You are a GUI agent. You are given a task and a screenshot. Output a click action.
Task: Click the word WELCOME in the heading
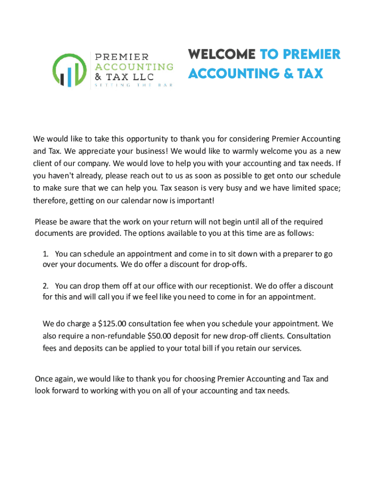coord(221,54)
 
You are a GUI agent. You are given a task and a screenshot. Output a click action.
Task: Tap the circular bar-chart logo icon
coord(70,71)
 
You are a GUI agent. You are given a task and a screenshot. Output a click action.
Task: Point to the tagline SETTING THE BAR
coord(133,86)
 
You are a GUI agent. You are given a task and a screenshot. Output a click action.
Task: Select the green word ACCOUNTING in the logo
coord(134,66)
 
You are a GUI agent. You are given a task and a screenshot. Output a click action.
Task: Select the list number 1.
coord(45,254)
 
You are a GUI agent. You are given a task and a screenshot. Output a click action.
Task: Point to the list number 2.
coord(45,286)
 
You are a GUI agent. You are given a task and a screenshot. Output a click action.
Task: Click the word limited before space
coord(298,188)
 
